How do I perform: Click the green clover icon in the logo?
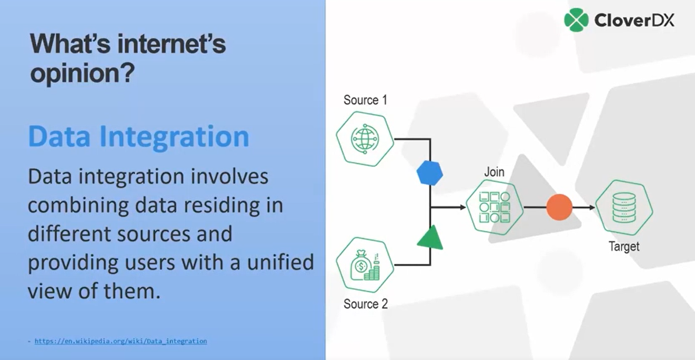[576, 19]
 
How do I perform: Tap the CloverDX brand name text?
[634, 20]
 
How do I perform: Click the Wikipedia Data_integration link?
[120, 341]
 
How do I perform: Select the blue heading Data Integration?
[138, 136]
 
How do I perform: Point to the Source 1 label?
[365, 100]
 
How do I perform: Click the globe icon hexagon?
[365, 138]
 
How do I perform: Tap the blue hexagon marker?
[430, 173]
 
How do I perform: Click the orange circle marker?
[559, 207]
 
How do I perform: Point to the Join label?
[494, 172]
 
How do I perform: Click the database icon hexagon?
[624, 207]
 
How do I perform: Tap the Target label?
[624, 246]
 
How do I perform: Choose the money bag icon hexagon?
[365, 266]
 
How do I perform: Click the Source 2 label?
[365, 304]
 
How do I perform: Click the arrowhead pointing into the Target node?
[592, 207]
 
